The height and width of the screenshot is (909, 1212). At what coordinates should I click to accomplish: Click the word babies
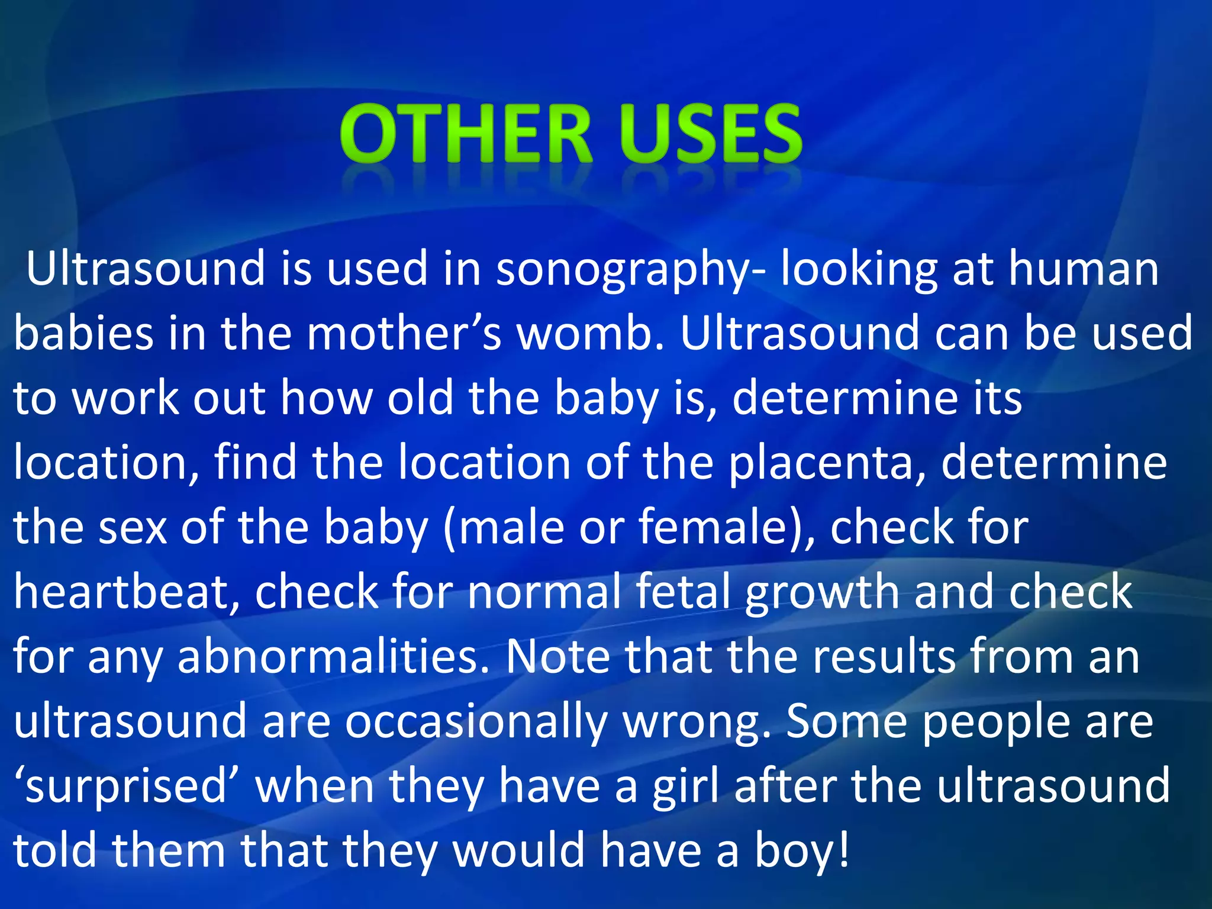pos(83,333)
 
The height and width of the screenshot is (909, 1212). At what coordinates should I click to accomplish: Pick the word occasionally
pos(476,723)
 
